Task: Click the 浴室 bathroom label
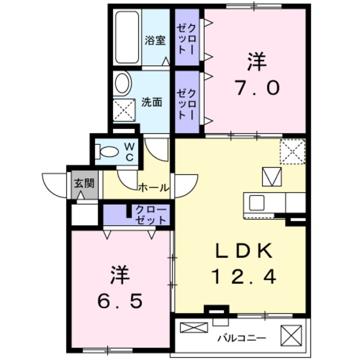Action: pos(155,40)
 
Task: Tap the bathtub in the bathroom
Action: pos(127,37)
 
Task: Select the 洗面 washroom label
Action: pos(152,102)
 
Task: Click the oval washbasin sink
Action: pos(122,83)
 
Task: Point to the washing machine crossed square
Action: pos(124,109)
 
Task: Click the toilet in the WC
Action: pos(109,151)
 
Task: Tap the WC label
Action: pos(129,151)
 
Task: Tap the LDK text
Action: pos(243,250)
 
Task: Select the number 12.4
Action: pos(244,277)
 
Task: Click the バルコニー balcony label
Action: pos(242,337)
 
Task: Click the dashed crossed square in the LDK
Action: pos(292,151)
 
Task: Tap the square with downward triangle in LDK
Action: pos(271,178)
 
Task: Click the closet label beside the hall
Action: pos(151,215)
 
